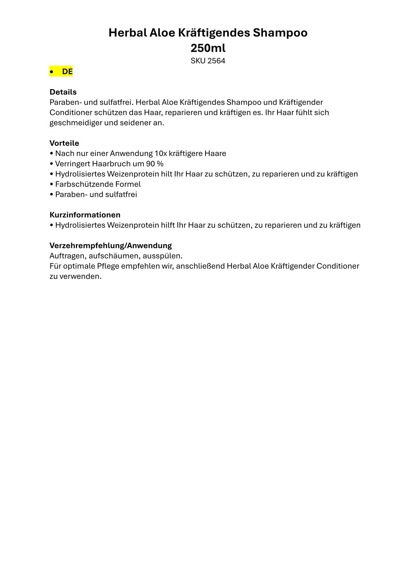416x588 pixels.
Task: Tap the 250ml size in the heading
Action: (x=208, y=48)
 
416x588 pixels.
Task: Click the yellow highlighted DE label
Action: (x=67, y=72)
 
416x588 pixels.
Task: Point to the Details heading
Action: (x=63, y=92)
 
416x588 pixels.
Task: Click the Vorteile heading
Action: (x=64, y=143)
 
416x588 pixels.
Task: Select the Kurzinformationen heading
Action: (x=85, y=215)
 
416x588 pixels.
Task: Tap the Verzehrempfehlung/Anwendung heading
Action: (x=110, y=245)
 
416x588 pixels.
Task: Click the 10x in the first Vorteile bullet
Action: (x=161, y=153)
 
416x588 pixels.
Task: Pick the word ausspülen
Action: (x=163, y=256)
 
